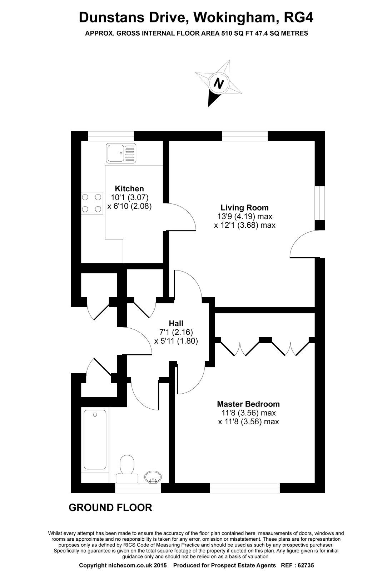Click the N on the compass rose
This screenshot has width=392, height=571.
tap(218, 84)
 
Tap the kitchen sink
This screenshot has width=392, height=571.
tap(121, 153)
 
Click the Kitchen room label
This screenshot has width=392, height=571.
tap(129, 188)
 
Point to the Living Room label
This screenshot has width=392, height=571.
tap(244, 207)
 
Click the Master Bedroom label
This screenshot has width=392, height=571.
tap(248, 404)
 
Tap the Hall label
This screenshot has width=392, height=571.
tap(176, 323)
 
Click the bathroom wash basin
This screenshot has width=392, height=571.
tap(153, 476)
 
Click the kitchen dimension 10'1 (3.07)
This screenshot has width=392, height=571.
tap(129, 197)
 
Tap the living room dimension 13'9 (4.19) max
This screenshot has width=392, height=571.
tap(244, 216)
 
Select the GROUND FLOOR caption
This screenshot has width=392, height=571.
tap(110, 507)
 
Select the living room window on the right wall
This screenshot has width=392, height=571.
tap(320, 203)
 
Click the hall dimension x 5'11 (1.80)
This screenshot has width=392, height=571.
tap(176, 341)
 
